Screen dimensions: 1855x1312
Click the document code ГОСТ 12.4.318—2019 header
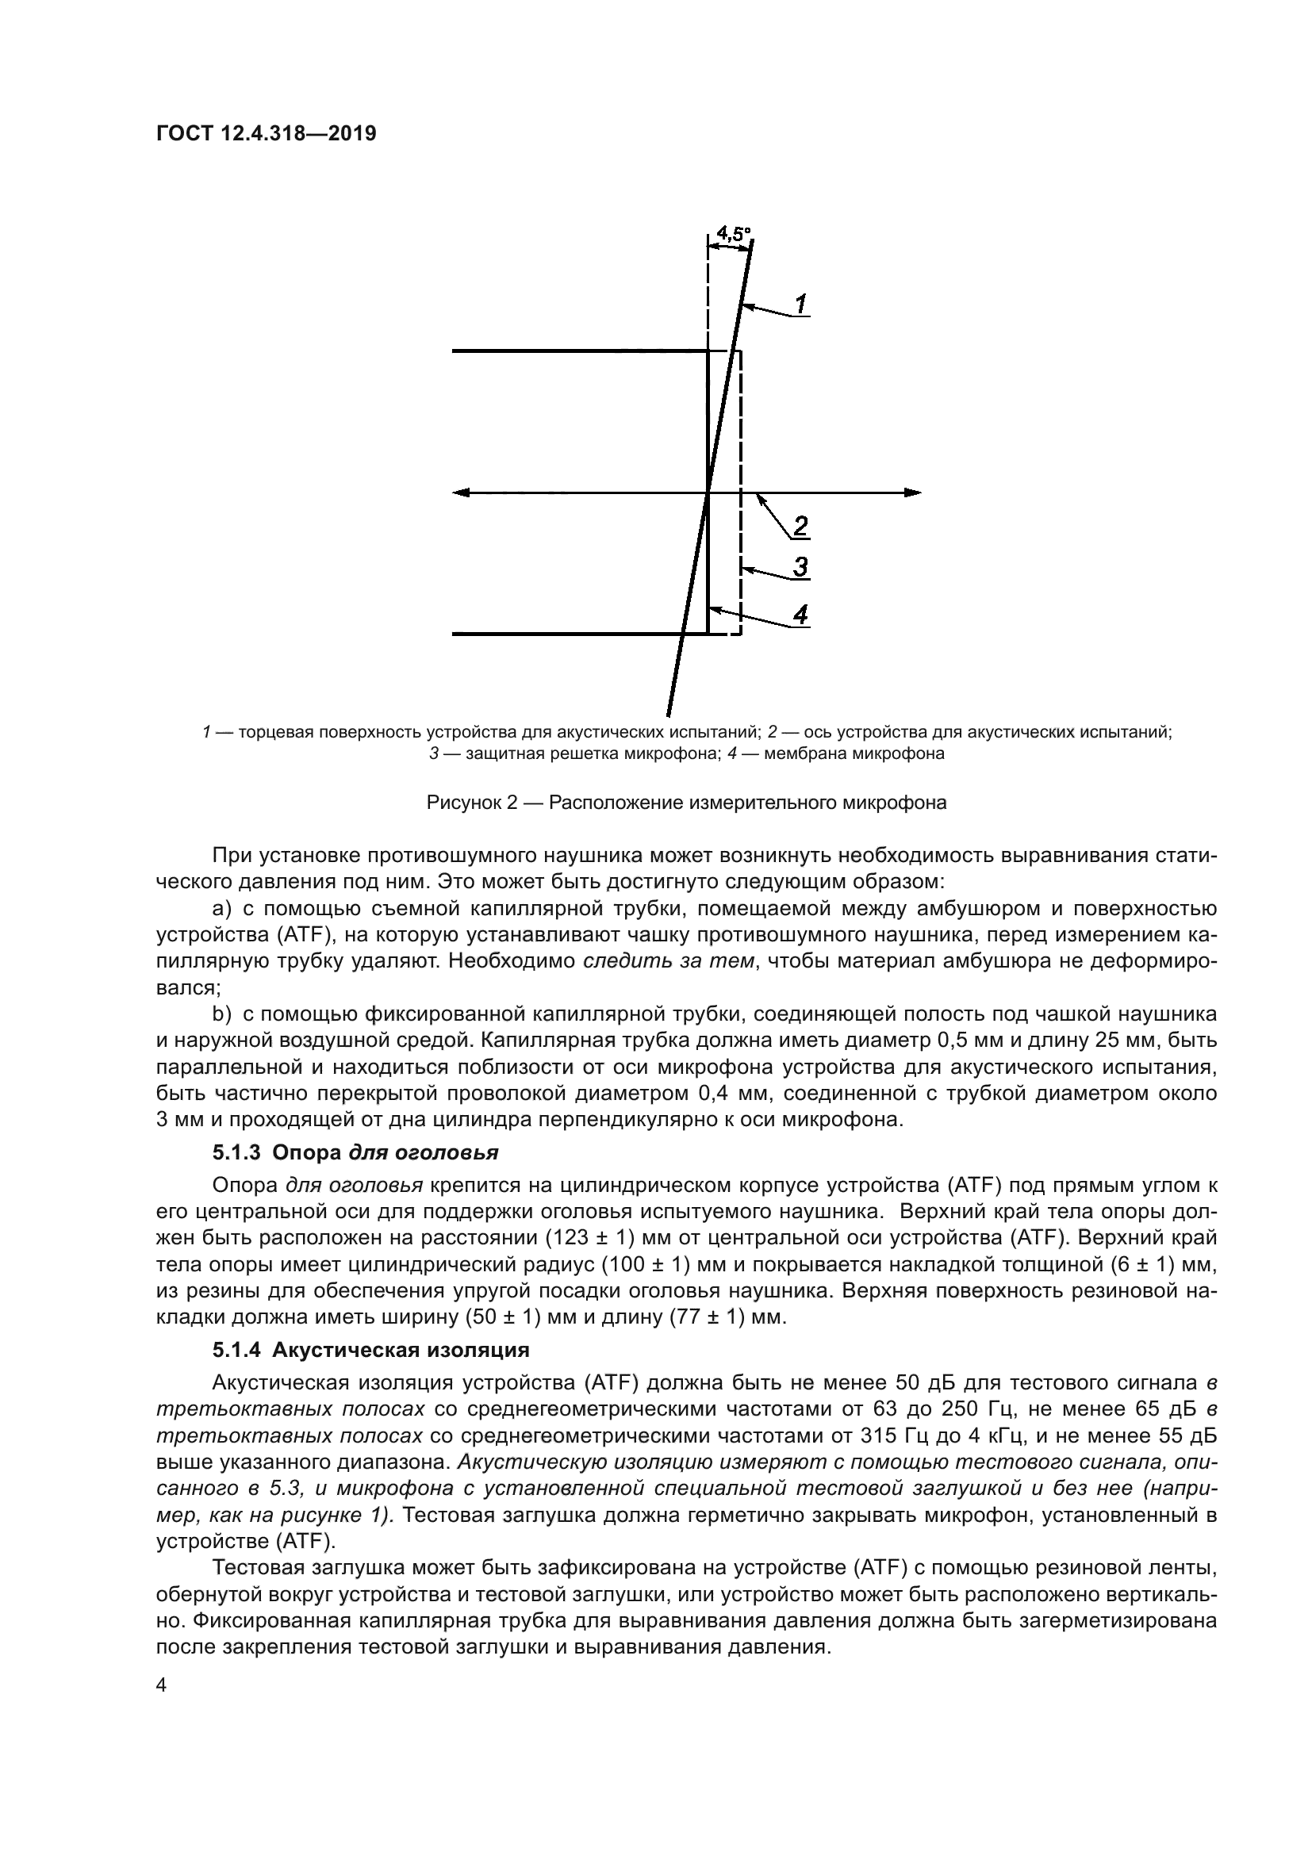click(266, 133)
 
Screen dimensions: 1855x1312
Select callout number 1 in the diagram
click(800, 305)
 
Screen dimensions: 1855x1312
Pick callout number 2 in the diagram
click(800, 527)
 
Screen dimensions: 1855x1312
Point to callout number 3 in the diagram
click(800, 567)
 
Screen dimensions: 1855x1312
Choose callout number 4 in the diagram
click(800, 615)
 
